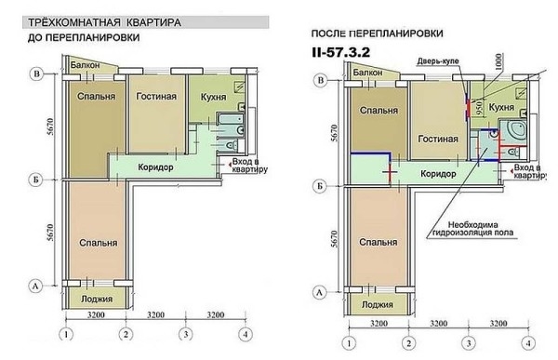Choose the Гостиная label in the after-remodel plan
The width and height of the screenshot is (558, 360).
tap(440, 139)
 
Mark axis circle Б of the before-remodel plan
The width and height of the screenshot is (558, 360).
tap(35, 180)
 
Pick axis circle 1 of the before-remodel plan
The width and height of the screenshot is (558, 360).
tap(66, 335)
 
